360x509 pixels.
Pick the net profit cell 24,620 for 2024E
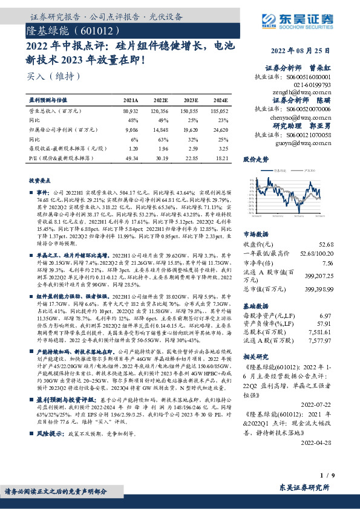219,129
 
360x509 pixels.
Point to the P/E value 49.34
131,157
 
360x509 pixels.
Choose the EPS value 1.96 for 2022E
162,149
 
